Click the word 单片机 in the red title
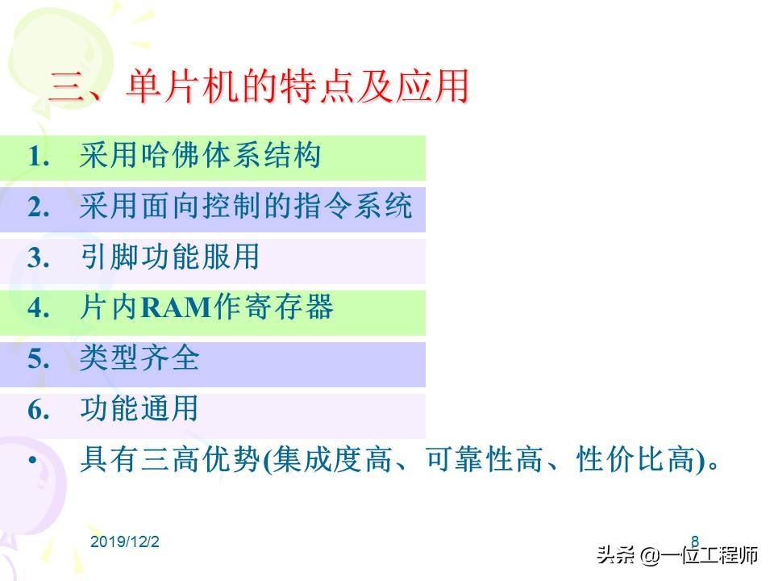click(183, 86)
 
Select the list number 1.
click(39, 157)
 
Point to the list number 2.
click(39, 207)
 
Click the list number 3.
click(39, 258)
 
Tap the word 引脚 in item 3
click(110, 257)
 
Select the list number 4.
click(39, 309)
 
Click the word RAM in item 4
click(177, 307)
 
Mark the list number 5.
click(39, 359)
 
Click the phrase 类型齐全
click(139, 357)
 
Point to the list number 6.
click(39, 410)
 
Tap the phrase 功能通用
click(139, 408)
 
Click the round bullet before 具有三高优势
click(33, 461)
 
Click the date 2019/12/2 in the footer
click(125, 542)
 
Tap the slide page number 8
click(695, 541)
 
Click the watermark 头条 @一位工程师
click(677, 555)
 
